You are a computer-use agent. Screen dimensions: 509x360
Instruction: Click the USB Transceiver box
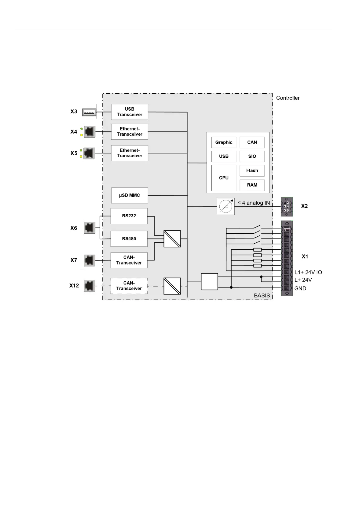click(x=129, y=112)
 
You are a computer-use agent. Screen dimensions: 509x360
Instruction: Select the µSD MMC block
click(x=129, y=195)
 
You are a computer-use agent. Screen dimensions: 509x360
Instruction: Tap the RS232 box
click(x=129, y=216)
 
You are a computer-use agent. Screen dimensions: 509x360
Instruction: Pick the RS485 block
click(x=129, y=238)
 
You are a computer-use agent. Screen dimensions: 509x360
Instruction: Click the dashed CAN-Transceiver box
click(x=129, y=286)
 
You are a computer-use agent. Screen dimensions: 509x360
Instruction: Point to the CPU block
click(x=224, y=178)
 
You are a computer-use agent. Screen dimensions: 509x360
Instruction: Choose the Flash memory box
click(x=252, y=170)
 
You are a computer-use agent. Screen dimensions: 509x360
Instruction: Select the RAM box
click(x=252, y=185)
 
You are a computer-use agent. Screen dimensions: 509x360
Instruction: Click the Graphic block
click(x=224, y=142)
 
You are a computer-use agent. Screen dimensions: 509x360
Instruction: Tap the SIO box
click(x=252, y=156)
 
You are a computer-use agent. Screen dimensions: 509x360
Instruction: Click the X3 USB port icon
click(x=89, y=112)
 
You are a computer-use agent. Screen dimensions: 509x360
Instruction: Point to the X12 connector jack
click(x=89, y=286)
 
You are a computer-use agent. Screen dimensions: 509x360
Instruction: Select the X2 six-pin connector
click(x=287, y=206)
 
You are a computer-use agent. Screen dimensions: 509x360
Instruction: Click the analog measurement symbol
click(x=225, y=206)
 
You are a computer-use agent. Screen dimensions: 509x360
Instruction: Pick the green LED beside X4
click(x=81, y=129)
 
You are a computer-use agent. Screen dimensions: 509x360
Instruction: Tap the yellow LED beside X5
click(x=81, y=157)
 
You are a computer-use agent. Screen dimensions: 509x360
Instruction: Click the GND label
click(x=300, y=288)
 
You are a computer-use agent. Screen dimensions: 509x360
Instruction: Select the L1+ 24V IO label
click(x=308, y=272)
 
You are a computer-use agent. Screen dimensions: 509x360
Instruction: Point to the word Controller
click(x=288, y=98)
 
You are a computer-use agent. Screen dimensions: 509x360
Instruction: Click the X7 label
click(x=74, y=260)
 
